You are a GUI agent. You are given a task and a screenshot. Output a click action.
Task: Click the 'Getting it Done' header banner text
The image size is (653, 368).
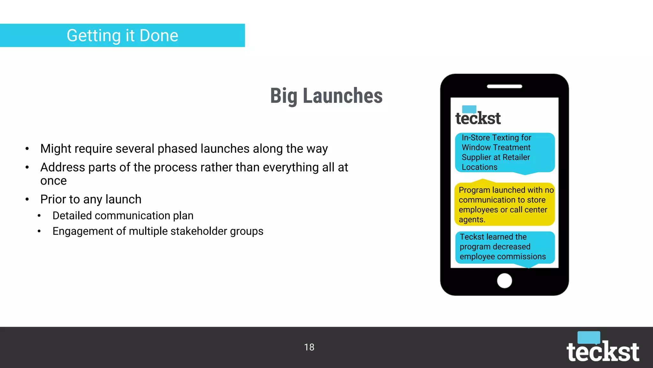click(x=122, y=35)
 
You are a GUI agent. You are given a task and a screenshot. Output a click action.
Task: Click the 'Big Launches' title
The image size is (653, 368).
click(x=326, y=96)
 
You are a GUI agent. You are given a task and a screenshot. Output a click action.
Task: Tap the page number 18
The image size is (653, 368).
click(x=309, y=347)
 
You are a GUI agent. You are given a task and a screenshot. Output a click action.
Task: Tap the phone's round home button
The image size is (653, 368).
click(x=504, y=281)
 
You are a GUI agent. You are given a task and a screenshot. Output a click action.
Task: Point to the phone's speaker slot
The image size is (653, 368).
click(x=504, y=86)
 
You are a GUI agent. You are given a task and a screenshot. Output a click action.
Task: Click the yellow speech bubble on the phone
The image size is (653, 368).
click(x=504, y=204)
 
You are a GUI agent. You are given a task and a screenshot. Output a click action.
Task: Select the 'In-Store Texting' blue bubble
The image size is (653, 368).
click(x=504, y=152)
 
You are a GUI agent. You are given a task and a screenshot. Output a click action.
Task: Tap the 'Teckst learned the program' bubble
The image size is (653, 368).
click(x=504, y=247)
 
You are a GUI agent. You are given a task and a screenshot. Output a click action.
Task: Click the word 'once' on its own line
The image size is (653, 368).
click(x=53, y=181)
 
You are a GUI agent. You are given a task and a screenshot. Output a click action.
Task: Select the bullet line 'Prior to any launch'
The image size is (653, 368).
click(x=91, y=199)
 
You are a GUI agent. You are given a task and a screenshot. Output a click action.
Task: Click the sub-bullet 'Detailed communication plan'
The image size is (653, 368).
click(x=123, y=216)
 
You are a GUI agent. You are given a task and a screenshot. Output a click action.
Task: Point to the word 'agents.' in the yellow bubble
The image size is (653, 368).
click(x=472, y=220)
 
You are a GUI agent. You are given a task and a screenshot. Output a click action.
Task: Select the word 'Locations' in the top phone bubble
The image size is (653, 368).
click(x=479, y=167)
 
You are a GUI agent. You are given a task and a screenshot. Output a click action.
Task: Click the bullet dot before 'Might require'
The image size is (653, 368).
click(x=27, y=149)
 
